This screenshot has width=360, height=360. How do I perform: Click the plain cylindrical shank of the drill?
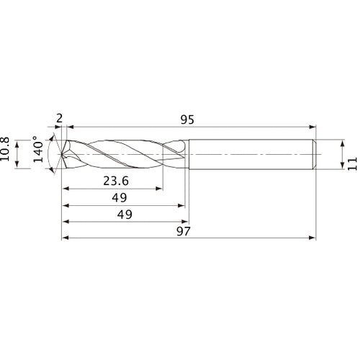[x=252, y=154]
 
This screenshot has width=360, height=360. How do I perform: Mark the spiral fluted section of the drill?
[x=122, y=154]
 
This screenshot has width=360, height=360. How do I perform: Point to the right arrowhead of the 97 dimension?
[x=314, y=237]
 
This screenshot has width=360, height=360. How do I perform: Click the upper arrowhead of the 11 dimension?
[x=341, y=143]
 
